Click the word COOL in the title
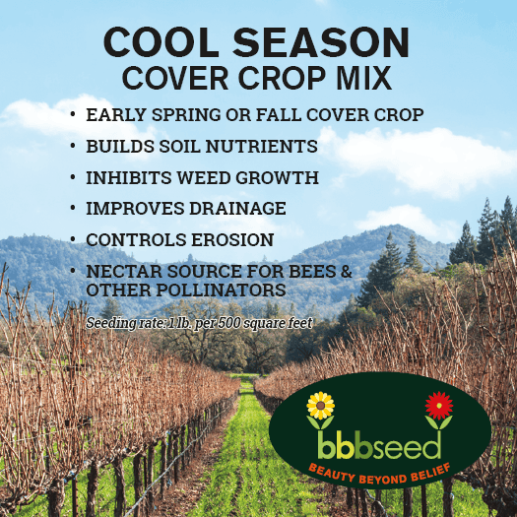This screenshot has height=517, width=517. tap(162, 42)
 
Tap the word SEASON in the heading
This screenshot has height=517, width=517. tap(321, 42)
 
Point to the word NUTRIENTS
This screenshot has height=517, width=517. tap(262, 146)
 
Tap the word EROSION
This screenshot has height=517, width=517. tap(232, 239)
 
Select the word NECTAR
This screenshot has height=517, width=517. tap(123, 272)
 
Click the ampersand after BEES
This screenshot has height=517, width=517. tap(347, 272)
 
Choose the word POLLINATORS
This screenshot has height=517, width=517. tap(221, 291)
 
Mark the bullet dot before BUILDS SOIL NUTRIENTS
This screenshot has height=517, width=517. tap(73, 146)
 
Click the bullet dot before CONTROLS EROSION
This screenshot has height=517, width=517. tap(73, 239)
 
